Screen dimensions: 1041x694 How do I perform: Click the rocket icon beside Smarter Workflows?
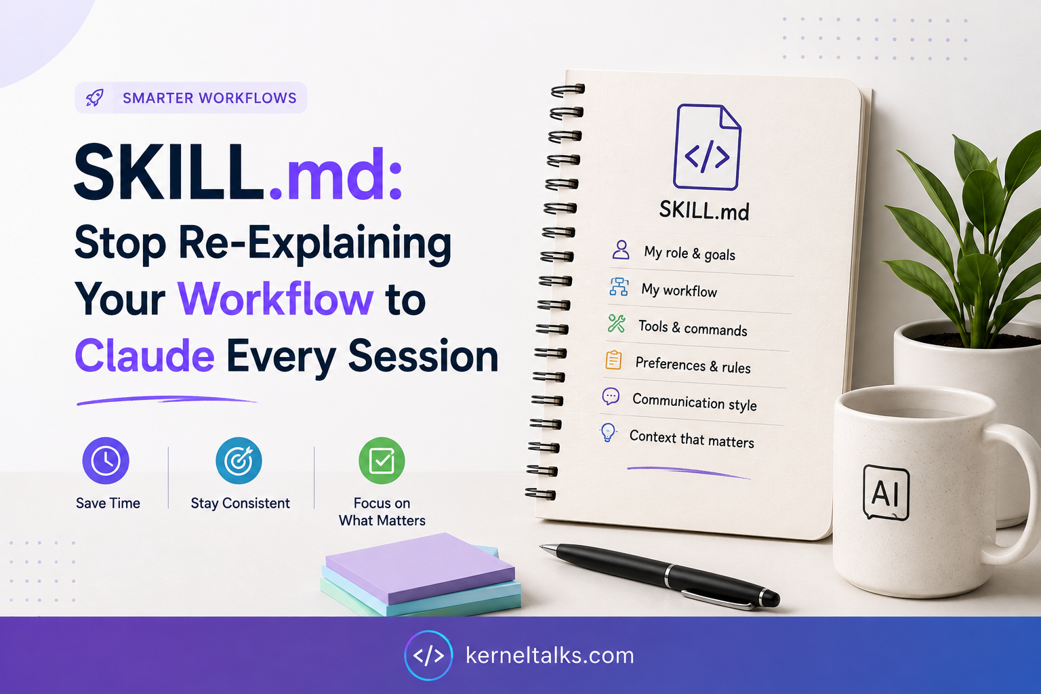click(x=95, y=98)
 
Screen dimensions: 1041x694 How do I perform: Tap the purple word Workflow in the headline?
click(x=276, y=299)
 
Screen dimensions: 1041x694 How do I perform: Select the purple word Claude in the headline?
click(x=144, y=356)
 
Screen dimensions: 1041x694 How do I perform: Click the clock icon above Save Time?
click(x=106, y=461)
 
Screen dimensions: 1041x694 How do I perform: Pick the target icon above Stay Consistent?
click(x=239, y=461)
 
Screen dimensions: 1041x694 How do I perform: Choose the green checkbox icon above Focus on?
click(x=382, y=461)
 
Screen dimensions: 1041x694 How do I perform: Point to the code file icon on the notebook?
click(x=707, y=147)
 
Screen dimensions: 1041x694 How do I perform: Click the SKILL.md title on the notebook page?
click(x=704, y=211)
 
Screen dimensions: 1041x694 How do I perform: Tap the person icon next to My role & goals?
click(x=621, y=250)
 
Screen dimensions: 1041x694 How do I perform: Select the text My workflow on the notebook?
click(x=679, y=291)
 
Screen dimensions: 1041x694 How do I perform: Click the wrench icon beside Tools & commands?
click(x=617, y=323)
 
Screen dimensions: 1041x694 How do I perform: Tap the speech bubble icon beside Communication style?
click(x=611, y=396)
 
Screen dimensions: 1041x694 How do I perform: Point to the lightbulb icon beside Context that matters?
click(x=608, y=432)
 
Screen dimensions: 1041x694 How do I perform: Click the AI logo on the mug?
click(x=886, y=492)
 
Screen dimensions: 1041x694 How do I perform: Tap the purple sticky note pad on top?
click(x=420, y=568)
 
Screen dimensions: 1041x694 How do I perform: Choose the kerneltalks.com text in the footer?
click(x=550, y=655)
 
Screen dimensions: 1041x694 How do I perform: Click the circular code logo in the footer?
click(x=428, y=655)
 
